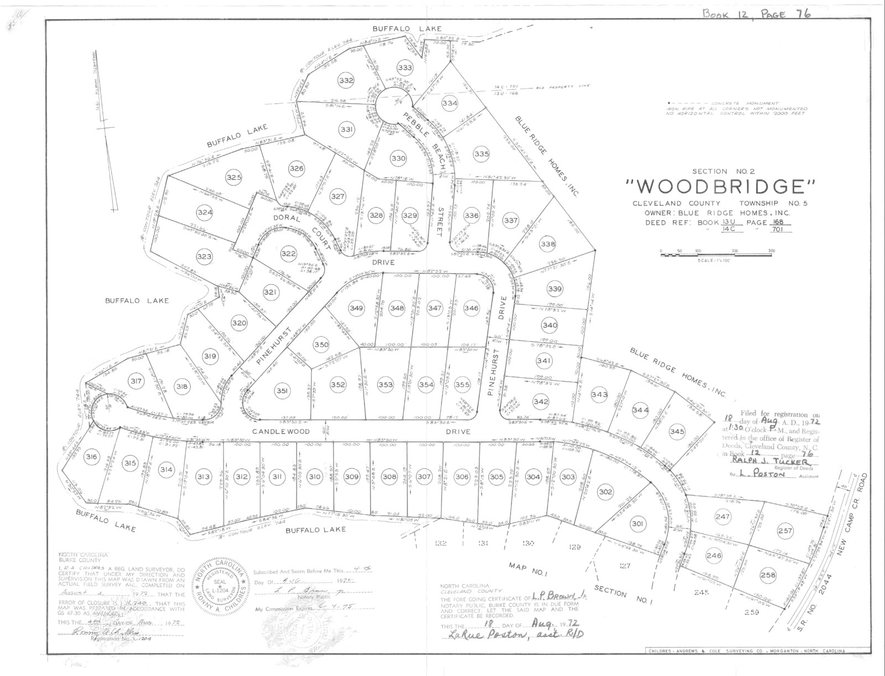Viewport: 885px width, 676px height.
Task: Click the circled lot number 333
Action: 405,68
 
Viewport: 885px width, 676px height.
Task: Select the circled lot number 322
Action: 288,254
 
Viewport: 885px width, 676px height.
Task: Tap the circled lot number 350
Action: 321,345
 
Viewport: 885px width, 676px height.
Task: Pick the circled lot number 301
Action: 637,523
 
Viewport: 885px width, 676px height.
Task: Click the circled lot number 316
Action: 92,457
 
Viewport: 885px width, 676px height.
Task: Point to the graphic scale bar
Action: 716,254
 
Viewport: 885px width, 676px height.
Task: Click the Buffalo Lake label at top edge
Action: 414,29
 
